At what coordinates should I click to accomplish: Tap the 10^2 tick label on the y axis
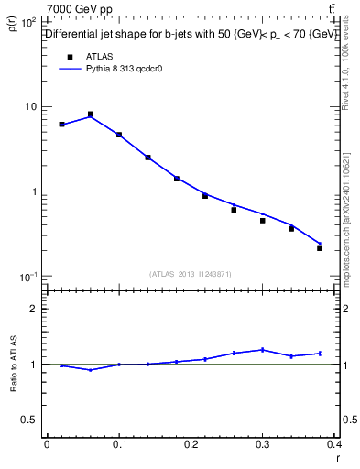(x=29, y=21)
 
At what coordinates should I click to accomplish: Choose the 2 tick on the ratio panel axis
(x=35, y=309)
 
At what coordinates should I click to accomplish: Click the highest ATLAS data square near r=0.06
(x=90, y=115)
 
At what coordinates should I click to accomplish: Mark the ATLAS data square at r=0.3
(x=263, y=221)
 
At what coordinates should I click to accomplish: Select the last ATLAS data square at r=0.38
(x=320, y=248)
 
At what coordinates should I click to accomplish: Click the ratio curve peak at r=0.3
(x=263, y=349)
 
